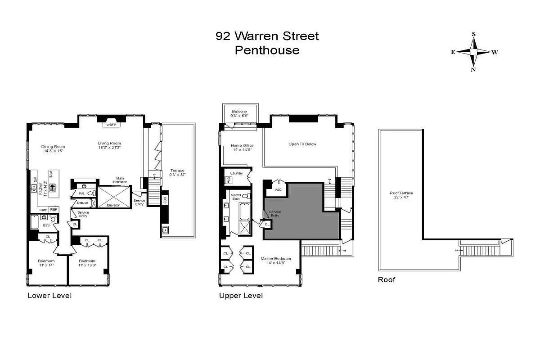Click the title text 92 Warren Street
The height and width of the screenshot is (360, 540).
267,36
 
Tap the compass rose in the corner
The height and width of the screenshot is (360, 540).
473,52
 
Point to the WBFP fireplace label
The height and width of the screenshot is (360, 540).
111,125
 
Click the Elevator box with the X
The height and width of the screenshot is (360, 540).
112,197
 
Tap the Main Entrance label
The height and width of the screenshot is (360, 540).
120,180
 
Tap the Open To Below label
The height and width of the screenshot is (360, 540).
302,144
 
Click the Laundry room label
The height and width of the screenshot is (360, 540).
236,173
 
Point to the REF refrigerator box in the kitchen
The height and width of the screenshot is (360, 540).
54,209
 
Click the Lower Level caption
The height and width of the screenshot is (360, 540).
49,296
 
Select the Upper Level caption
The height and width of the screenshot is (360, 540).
241,296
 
